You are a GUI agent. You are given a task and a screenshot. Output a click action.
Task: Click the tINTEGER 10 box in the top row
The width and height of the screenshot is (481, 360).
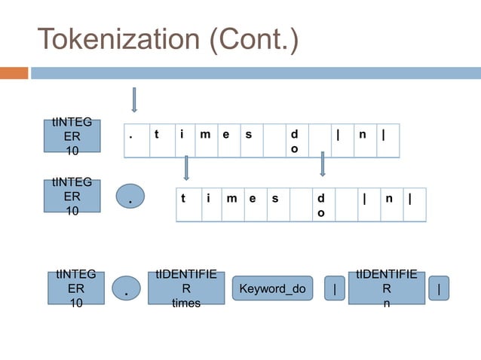tap(72, 137)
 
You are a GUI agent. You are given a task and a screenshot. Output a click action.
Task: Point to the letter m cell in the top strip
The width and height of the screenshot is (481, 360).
tap(205, 140)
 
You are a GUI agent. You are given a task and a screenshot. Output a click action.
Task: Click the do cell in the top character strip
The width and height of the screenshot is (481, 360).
tap(295, 141)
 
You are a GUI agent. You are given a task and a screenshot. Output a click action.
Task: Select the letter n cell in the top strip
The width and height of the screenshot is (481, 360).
tap(364, 140)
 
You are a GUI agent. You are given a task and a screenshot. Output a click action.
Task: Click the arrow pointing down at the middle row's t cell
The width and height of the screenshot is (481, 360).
tap(185, 167)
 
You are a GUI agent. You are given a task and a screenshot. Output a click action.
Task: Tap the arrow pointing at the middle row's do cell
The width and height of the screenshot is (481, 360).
tap(322, 163)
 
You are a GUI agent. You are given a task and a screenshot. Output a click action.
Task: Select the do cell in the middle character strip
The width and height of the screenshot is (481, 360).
tap(323, 205)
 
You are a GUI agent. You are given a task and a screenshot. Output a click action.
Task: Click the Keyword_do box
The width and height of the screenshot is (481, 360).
tap(272, 288)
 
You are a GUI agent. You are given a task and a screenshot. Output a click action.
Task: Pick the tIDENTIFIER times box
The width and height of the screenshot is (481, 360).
tap(185, 288)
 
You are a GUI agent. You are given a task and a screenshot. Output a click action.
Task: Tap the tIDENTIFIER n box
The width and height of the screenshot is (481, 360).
tap(386, 288)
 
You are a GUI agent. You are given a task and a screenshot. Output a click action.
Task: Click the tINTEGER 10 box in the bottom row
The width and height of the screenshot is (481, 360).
tap(77, 288)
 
